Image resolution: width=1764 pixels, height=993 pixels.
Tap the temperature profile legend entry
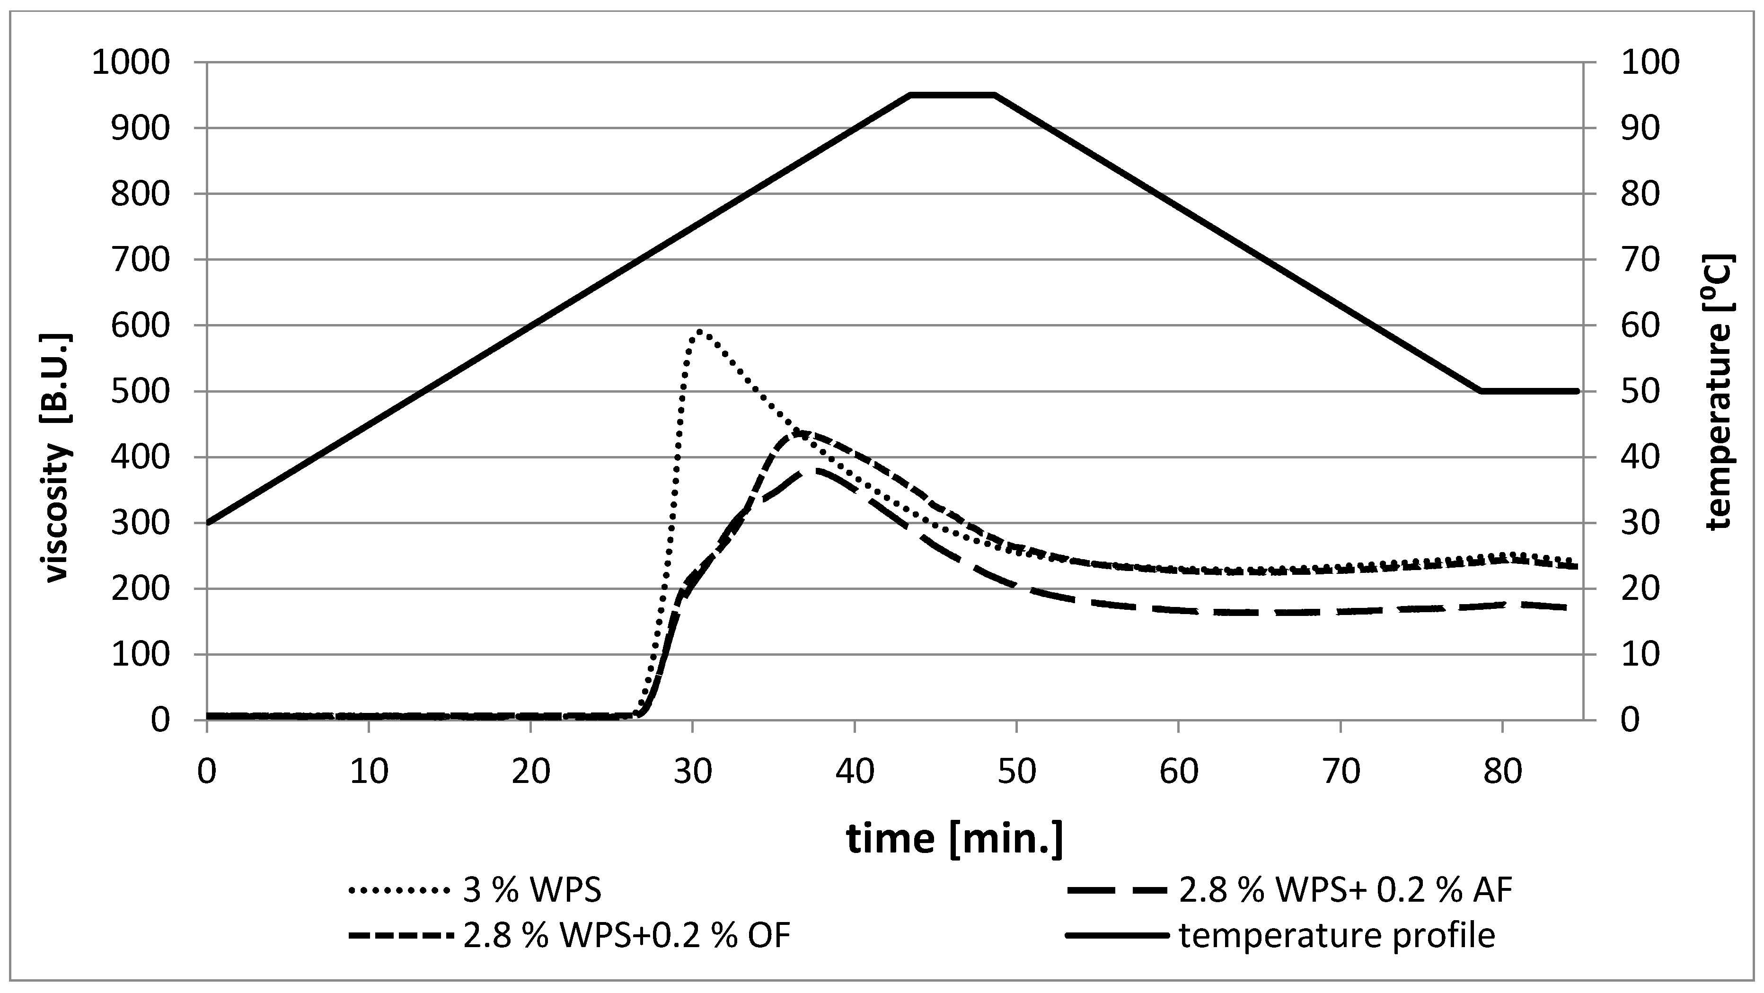[x=1280, y=935]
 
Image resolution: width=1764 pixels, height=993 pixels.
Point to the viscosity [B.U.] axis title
[x=58, y=457]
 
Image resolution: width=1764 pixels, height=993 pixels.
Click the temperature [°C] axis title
[x=1719, y=392]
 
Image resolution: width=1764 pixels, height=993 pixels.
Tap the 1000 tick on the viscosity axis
[x=130, y=63]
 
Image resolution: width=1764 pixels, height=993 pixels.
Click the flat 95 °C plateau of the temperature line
[x=952, y=95]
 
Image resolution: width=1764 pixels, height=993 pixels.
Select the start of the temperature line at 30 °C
[x=208, y=523]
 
